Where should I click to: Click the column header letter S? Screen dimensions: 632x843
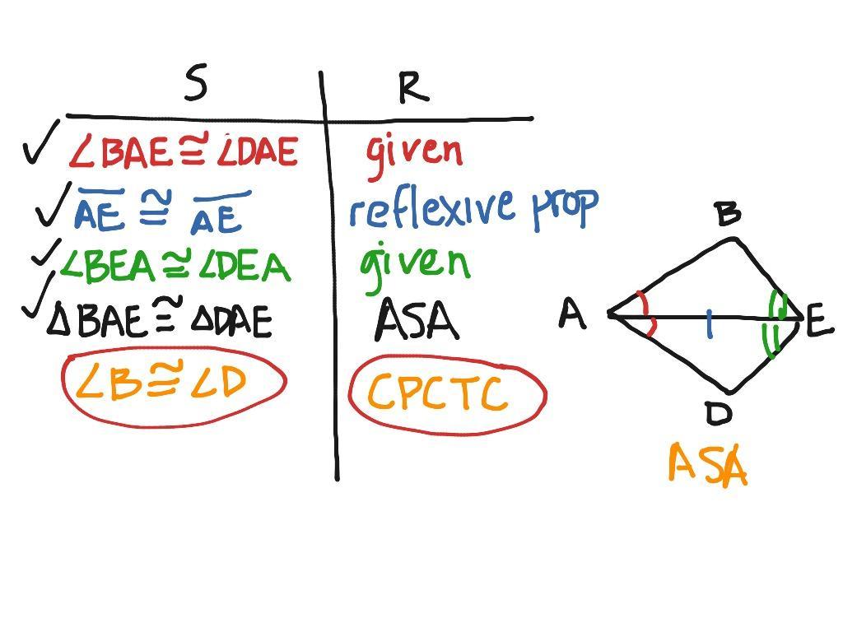click(x=195, y=83)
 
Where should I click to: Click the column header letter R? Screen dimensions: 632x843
click(x=413, y=87)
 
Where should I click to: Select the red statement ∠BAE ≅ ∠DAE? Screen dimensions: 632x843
click(x=183, y=151)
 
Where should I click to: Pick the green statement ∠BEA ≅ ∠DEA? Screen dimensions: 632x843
click(x=175, y=265)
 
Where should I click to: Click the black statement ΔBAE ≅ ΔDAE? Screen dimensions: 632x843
click(x=159, y=319)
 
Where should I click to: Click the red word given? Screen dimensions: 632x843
click(x=414, y=152)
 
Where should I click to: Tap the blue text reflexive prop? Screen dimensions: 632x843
click(x=473, y=207)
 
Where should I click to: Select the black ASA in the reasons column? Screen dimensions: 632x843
click(x=417, y=321)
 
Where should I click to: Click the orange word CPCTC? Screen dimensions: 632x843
click(x=435, y=393)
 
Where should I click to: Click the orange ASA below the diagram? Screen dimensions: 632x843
click(x=707, y=465)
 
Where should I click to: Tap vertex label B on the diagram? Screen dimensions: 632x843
click(x=728, y=213)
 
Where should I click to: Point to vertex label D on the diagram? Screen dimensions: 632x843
click(x=719, y=413)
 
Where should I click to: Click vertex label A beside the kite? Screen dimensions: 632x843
click(x=573, y=314)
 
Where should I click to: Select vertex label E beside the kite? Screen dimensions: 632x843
click(x=819, y=322)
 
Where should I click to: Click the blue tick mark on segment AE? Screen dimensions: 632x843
click(x=709, y=326)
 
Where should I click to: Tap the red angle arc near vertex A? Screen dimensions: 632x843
click(x=650, y=314)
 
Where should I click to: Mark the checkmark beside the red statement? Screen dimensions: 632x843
click(x=42, y=142)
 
